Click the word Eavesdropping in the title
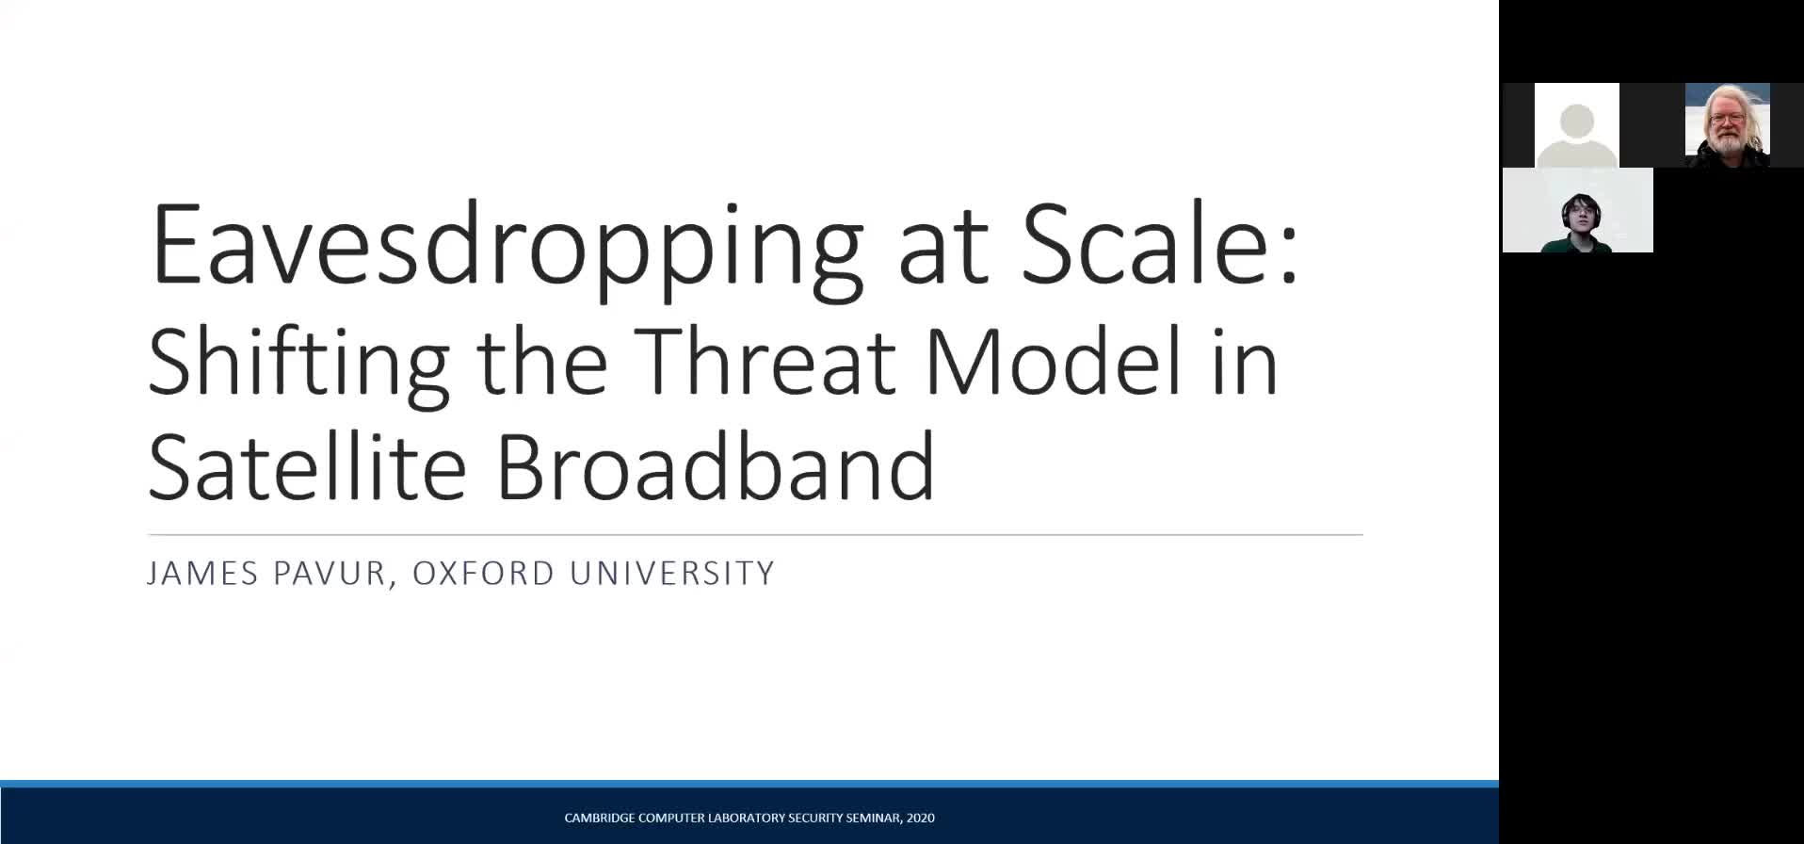[507, 248]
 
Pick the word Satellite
[307, 465]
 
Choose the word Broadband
[716, 465]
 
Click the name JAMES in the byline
[201, 573]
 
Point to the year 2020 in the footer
[921, 818]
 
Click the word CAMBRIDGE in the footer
[599, 818]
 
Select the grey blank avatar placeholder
[1577, 125]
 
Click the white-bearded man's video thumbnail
[1728, 125]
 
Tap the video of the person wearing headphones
[1578, 210]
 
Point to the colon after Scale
[1290, 254]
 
